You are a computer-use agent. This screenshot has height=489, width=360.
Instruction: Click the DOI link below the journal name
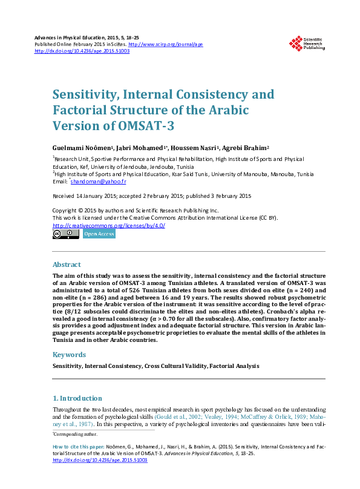point(82,51)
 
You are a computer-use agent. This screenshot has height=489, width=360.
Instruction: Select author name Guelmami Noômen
point(79,148)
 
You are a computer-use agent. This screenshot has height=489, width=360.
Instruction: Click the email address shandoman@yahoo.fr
point(99,182)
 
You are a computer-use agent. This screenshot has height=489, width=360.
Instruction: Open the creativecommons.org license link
point(109,225)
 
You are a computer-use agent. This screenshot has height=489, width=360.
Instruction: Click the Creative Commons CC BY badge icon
point(66,234)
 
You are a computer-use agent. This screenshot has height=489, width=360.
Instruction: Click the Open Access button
point(99,234)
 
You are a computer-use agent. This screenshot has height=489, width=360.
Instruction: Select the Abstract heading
point(67,264)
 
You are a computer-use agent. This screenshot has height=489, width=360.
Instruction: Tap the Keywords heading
point(69,355)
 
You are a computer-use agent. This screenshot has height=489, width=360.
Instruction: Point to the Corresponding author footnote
point(75,434)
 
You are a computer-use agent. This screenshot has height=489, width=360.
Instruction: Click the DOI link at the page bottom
point(100,461)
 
